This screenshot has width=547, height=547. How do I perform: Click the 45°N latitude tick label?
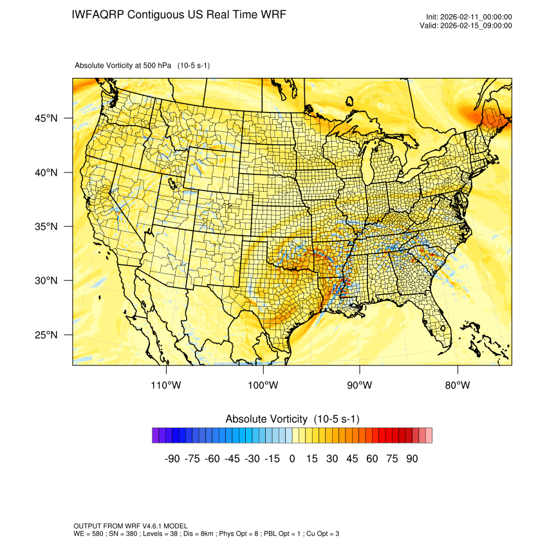click(46, 118)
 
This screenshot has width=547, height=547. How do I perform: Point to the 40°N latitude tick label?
click(46, 172)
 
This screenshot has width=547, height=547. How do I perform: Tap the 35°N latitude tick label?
click(46, 227)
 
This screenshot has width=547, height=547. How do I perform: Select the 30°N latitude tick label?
click(46, 281)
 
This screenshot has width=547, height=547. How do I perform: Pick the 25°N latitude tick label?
click(46, 335)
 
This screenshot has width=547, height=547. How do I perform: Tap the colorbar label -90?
click(172, 459)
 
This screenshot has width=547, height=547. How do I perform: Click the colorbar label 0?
click(292, 459)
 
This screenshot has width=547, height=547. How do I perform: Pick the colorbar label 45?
click(352, 459)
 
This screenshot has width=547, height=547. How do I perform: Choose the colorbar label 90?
click(412, 459)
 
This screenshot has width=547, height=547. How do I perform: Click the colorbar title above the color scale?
click(292, 419)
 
